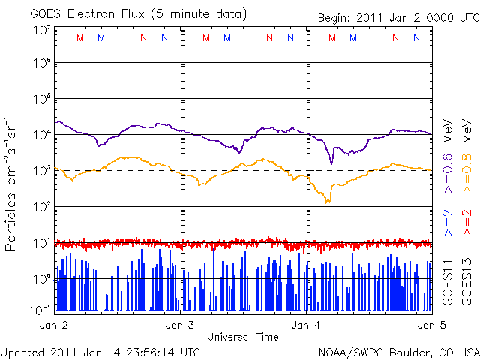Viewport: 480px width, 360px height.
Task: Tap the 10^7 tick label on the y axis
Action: point(42,31)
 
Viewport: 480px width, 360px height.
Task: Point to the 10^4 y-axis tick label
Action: point(42,133)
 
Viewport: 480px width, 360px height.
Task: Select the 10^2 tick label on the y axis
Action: point(42,205)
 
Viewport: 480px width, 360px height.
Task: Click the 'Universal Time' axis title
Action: point(243,337)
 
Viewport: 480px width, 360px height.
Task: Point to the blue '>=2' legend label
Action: point(447,223)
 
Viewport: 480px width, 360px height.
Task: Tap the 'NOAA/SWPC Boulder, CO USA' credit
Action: point(398,352)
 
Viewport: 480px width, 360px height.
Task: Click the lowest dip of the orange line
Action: point(328,202)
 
